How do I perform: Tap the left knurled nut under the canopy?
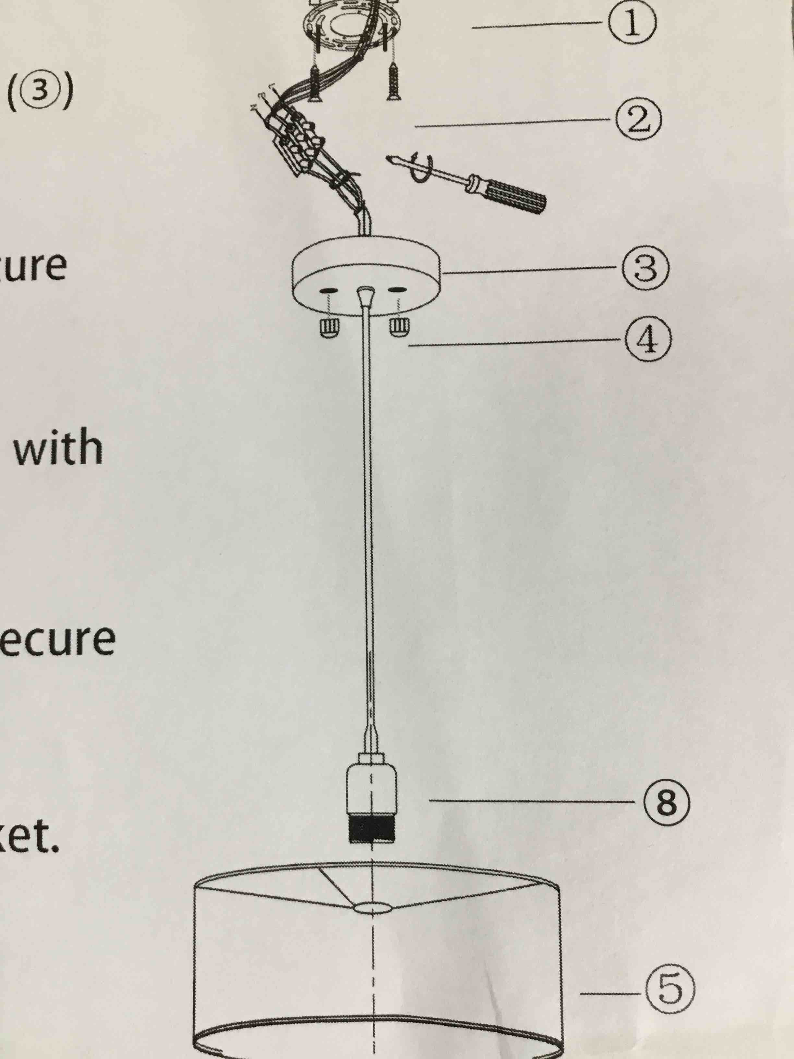[x=328, y=328]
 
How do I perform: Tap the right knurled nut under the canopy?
[x=399, y=327]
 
